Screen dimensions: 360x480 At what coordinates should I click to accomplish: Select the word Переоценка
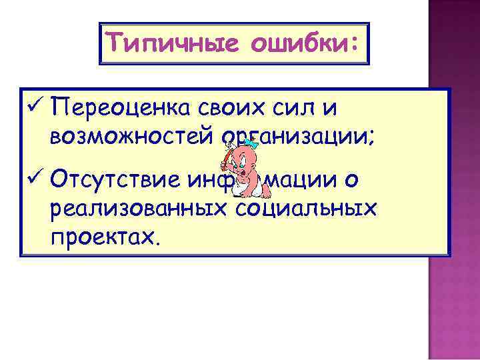tap(117, 107)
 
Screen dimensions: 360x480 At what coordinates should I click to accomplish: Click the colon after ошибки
tap(353, 45)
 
